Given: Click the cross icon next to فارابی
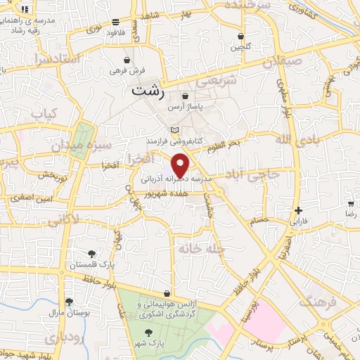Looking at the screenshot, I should (299, 210).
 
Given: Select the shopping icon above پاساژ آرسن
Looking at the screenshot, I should (185, 96).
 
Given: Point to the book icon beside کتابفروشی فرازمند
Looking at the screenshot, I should (175, 131).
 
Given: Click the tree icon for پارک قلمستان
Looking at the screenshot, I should (92, 254).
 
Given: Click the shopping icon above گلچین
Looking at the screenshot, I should (241, 36).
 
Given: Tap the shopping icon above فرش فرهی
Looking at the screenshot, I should (127, 60).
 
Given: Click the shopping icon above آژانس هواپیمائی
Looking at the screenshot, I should (167, 293).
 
